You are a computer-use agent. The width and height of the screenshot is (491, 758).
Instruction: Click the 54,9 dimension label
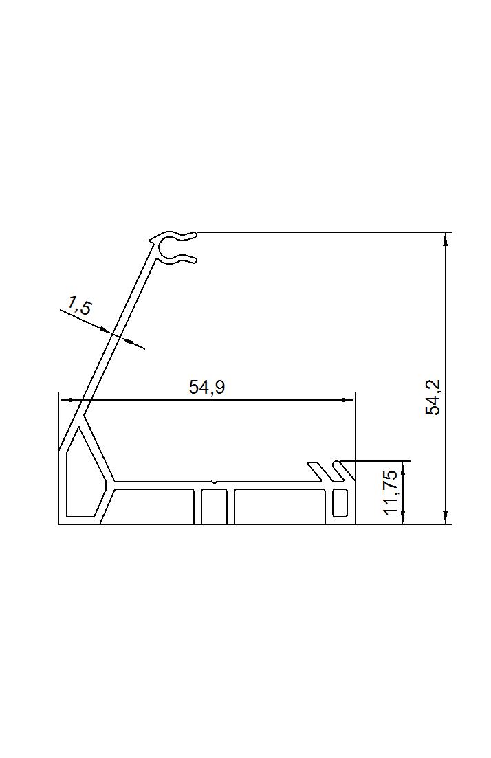[207, 387]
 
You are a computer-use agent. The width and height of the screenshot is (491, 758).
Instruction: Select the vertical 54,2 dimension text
[433, 397]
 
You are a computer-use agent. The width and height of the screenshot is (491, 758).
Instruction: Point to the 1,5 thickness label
[79, 306]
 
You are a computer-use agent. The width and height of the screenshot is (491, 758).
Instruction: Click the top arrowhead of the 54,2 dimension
[446, 238]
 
